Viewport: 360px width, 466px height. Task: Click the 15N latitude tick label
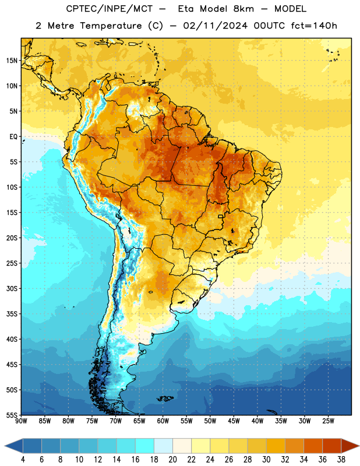pyautogui.click(x=12, y=61)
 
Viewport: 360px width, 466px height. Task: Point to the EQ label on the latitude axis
pyautogui.click(x=13, y=137)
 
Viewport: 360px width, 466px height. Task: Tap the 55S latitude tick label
pyautogui.click(x=12, y=415)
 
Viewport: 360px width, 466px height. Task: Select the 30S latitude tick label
pyautogui.click(x=12, y=288)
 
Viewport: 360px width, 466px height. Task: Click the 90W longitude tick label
pyautogui.click(x=21, y=421)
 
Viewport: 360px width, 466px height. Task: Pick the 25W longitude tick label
pyautogui.click(x=328, y=421)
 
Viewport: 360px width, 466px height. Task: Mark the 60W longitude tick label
pyautogui.click(x=163, y=421)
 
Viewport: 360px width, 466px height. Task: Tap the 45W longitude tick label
pyautogui.click(x=234, y=421)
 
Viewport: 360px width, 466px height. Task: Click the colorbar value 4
pyautogui.click(x=23, y=460)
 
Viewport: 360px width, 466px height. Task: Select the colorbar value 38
pyautogui.click(x=341, y=460)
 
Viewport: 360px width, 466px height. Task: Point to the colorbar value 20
pyautogui.click(x=172, y=460)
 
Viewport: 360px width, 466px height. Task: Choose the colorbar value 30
pyautogui.click(x=266, y=460)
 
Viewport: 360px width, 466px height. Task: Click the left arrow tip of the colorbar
pyautogui.click(x=5, y=446)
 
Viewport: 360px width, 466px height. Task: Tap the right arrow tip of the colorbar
pyautogui.click(x=359, y=446)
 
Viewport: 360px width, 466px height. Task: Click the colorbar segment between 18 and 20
pyautogui.click(x=163, y=446)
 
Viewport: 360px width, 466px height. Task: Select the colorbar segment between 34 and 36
pyautogui.click(x=313, y=446)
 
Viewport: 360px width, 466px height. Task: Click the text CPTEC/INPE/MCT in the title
pyautogui.click(x=110, y=9)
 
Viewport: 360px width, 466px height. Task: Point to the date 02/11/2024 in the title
pyautogui.click(x=215, y=26)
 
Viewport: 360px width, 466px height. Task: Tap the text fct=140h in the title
pyautogui.click(x=314, y=26)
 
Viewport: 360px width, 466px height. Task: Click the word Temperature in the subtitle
pyautogui.click(x=111, y=26)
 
